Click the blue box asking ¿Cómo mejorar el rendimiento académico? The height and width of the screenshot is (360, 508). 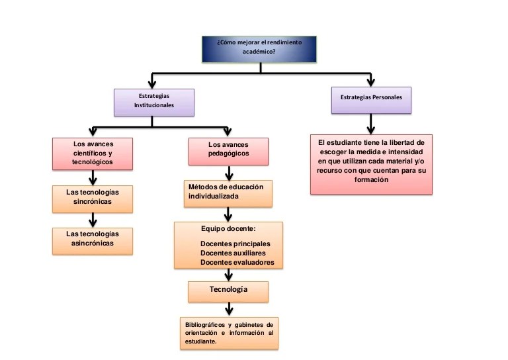point(259,49)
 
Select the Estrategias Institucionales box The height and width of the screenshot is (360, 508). point(154,103)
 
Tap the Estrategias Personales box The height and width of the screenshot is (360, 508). point(371,100)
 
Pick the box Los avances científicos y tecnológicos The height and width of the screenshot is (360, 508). point(93,154)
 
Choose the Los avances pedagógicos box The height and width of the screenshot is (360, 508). point(228,152)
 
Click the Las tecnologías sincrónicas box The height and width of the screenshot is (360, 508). point(93,199)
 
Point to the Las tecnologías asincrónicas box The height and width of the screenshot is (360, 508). point(93,241)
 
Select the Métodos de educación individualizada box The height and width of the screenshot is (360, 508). point(228,194)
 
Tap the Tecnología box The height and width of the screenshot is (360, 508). point(228,292)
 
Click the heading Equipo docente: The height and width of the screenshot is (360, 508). point(228,229)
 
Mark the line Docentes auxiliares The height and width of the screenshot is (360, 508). point(233,253)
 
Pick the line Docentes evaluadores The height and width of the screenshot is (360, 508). point(237,262)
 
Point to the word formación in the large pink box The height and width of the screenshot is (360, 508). point(371,179)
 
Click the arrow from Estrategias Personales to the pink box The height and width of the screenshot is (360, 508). point(371,124)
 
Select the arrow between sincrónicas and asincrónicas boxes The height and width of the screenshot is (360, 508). point(93,220)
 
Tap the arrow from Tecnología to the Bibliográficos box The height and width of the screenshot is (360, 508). point(229,309)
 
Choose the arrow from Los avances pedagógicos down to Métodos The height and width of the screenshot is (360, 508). point(229,173)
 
